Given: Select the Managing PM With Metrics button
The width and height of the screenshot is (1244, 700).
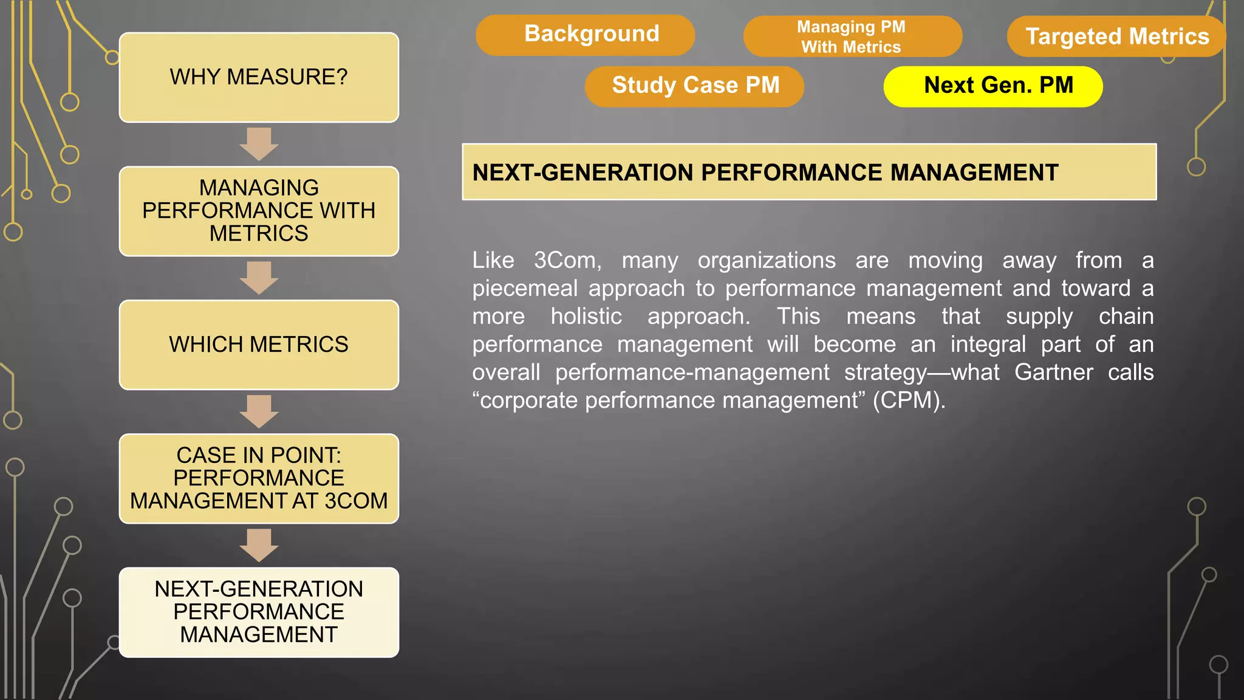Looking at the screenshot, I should [852, 36].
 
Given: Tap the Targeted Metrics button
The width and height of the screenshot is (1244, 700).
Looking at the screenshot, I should [1116, 36].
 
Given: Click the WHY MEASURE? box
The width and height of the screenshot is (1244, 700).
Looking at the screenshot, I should [259, 78].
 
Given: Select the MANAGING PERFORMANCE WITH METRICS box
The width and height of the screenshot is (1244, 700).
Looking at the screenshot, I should [259, 211].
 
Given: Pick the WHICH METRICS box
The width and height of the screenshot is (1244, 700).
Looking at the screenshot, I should [259, 345].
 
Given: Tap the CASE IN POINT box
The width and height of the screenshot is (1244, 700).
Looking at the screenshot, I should [259, 478].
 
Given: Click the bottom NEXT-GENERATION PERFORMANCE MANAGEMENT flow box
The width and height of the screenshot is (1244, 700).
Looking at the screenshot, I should [259, 612].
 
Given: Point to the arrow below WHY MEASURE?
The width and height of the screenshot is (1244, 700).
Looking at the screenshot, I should [259, 144].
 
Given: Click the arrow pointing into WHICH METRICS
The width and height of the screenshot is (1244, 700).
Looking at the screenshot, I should [259, 278].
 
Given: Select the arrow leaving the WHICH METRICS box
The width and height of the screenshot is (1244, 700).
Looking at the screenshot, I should [259, 411].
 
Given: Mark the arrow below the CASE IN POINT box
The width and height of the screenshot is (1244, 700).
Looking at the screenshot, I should [259, 545].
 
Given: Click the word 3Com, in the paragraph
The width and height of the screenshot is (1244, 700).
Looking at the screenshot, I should [567, 261].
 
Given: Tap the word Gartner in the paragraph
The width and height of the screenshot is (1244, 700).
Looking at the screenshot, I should [1053, 372].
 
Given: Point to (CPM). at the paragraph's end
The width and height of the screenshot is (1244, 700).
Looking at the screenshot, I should [909, 400].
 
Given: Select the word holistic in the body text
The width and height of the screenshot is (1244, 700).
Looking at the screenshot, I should [586, 317].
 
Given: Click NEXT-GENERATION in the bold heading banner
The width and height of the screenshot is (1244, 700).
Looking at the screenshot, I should [583, 173].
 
